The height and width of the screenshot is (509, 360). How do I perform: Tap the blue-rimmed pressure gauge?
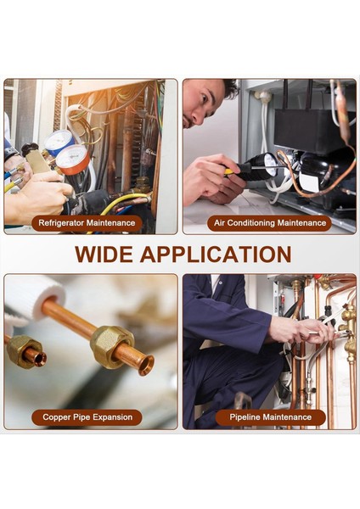point(58,142)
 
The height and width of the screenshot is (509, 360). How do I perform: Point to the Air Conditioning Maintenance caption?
point(270,223)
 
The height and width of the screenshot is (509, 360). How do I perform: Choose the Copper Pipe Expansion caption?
point(87,417)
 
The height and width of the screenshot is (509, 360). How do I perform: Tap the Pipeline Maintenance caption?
point(271,417)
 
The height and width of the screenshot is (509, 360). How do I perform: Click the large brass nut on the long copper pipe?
point(111,345)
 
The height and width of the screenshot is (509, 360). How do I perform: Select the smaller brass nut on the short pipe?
point(25,350)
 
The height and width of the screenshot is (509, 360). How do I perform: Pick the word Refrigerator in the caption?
point(63,223)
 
